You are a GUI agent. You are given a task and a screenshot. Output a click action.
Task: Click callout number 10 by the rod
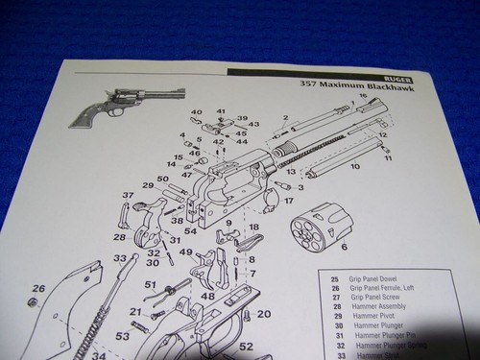click(x=354, y=166)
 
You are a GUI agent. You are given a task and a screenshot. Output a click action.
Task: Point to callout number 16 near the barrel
click(x=363, y=96)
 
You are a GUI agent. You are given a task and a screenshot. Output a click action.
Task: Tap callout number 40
click(x=197, y=112)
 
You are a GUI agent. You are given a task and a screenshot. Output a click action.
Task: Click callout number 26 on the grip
click(x=38, y=287)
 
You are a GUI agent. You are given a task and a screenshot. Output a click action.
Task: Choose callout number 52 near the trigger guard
click(x=246, y=347)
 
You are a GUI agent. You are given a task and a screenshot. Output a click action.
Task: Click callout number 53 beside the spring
click(x=122, y=336)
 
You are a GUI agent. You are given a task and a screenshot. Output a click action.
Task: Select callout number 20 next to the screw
click(x=263, y=314)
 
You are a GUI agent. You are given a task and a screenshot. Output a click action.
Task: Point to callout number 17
click(x=287, y=202)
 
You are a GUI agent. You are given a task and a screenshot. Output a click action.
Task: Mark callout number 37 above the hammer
click(x=126, y=196)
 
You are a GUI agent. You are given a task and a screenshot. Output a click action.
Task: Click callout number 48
click(x=206, y=297)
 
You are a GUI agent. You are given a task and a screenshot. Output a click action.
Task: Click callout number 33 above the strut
click(x=119, y=258)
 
